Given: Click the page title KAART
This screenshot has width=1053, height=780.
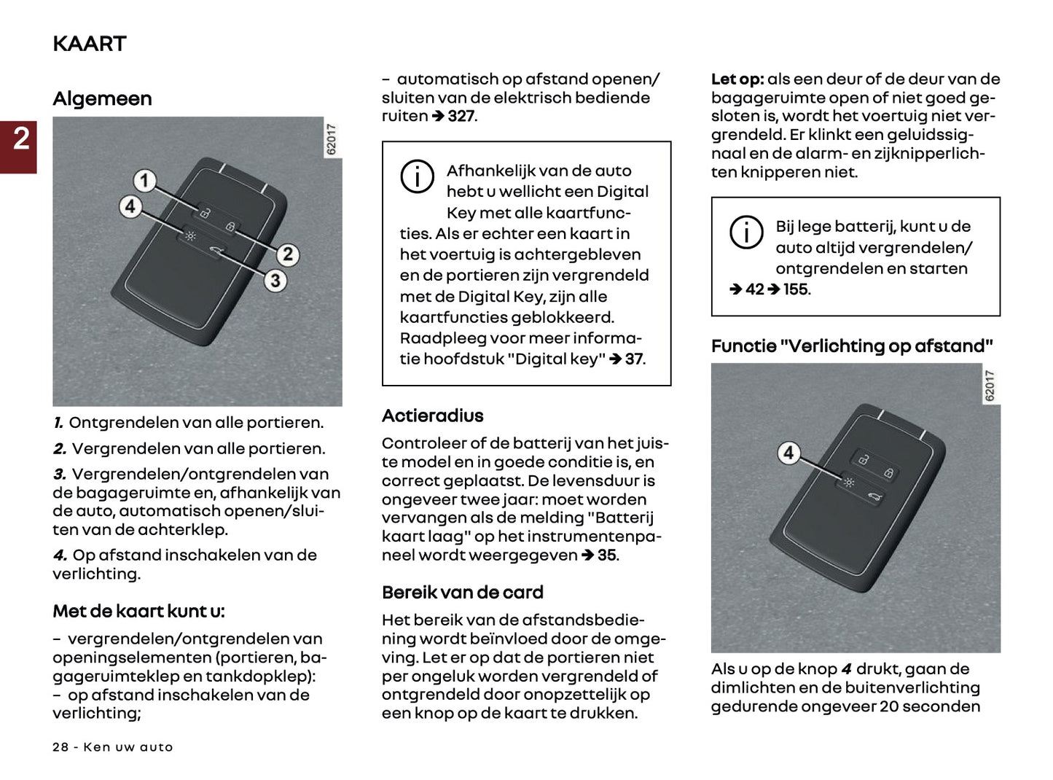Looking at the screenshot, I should pos(89,44).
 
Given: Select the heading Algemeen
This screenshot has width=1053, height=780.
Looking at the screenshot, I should pos(102,98).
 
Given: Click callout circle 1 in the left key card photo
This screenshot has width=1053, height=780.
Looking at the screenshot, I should pos(144,180).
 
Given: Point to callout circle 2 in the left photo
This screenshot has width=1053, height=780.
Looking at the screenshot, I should pos(287,254).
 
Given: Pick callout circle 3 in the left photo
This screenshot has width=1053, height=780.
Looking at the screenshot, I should pos(275,281).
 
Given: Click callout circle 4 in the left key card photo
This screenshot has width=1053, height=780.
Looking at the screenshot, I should pos(130,206).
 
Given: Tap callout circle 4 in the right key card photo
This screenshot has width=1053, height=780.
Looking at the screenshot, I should pos(788,453).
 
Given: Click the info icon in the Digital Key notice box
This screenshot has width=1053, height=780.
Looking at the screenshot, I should pos(417,177).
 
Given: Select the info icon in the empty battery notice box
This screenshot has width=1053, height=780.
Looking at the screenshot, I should pos(746,233).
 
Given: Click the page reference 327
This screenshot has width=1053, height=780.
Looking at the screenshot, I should pos(461,117).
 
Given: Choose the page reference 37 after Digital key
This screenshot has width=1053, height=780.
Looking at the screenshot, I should pos(634,359).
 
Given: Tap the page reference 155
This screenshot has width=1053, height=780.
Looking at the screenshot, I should pos(796,289).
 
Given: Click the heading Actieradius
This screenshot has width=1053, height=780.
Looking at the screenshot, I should pos(432,416).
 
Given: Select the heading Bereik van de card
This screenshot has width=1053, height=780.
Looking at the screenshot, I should pos(462,592).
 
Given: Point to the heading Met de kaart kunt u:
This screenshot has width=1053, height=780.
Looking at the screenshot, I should pos(138,611).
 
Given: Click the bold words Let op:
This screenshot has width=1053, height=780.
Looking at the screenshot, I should pos(737,79).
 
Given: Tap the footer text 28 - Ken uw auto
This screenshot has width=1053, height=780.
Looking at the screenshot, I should pos(113,747).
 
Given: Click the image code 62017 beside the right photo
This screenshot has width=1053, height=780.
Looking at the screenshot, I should pos(989,386).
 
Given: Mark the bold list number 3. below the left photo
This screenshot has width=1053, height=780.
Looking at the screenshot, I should pos(60,474).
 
